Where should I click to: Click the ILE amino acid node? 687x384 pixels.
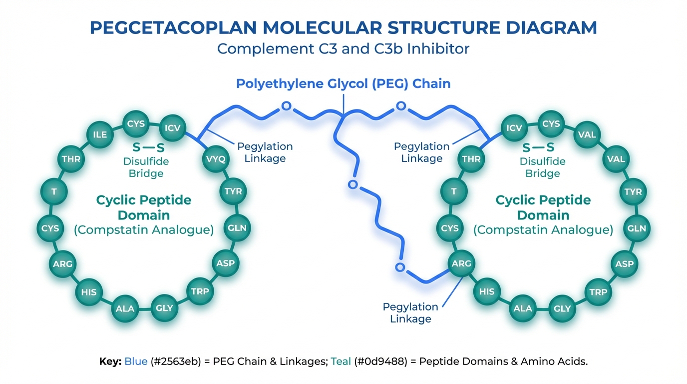[x=100, y=134]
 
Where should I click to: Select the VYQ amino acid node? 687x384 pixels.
[x=216, y=159]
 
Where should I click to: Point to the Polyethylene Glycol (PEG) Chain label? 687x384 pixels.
[x=343, y=83]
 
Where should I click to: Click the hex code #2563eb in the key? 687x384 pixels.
[x=174, y=361]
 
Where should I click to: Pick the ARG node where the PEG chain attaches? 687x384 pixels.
[x=461, y=263]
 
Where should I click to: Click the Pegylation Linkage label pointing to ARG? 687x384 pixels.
[x=410, y=312]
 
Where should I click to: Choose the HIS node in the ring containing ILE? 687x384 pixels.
[x=89, y=292]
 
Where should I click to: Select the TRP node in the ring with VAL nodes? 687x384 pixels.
[x=598, y=292]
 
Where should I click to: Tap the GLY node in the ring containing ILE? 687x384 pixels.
[x=164, y=308]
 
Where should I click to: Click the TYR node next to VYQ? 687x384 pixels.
[x=233, y=191]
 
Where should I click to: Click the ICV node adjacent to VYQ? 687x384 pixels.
[x=172, y=128]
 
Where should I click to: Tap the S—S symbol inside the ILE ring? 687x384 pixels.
[x=148, y=148]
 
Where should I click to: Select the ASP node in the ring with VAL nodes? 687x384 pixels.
[x=624, y=263]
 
